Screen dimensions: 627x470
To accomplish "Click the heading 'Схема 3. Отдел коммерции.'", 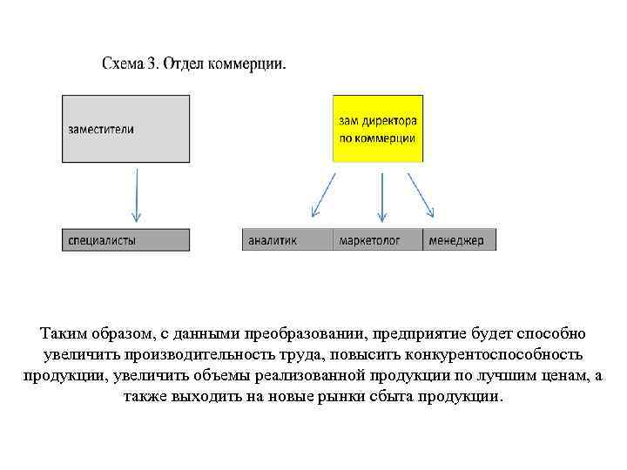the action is click(193, 64).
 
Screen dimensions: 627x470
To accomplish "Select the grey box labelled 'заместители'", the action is click(126, 128).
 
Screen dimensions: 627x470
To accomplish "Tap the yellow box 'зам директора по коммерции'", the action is click(377, 129).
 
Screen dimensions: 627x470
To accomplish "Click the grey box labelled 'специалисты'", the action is click(126, 240).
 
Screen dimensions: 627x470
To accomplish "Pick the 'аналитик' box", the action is click(287, 240).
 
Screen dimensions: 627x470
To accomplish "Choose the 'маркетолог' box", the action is click(377, 240).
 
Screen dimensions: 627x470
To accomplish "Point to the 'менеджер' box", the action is click(460, 240).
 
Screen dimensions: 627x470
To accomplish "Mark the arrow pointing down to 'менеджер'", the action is click(421, 194).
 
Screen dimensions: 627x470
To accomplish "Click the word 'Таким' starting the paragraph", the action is click(63, 335).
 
